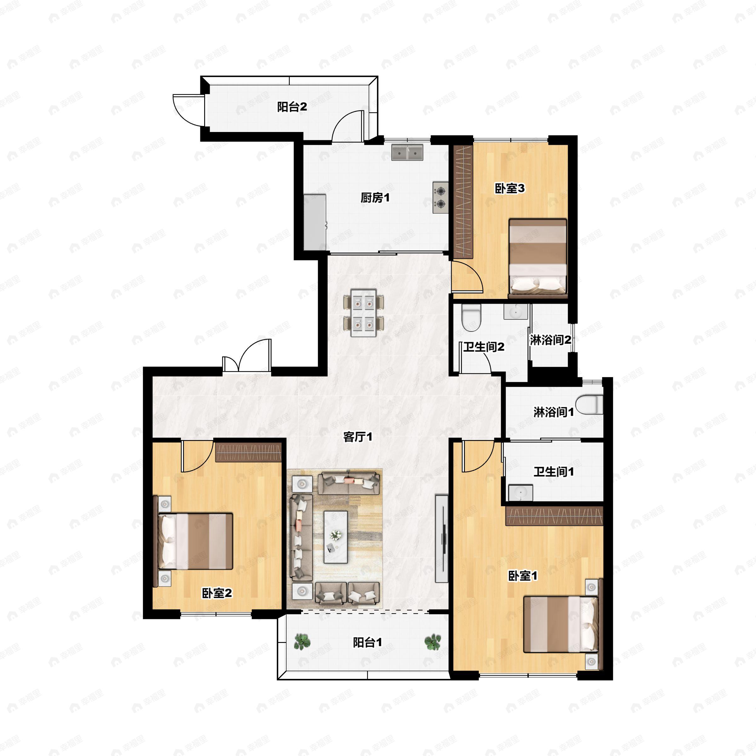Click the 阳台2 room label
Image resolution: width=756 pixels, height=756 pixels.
pyautogui.click(x=292, y=107)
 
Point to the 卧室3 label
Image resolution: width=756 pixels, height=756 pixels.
pyautogui.click(x=509, y=188)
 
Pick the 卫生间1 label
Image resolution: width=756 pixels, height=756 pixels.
pyautogui.click(x=554, y=472)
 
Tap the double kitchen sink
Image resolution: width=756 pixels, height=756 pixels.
pyautogui.click(x=407, y=152)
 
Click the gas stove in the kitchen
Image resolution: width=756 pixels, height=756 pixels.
pyautogui.click(x=441, y=197)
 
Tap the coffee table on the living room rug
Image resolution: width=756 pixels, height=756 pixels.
pyautogui.click(x=336, y=537)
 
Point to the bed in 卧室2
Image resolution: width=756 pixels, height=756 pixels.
pyautogui.click(x=195, y=541)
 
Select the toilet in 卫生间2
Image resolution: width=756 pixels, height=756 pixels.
pyautogui.click(x=471, y=318)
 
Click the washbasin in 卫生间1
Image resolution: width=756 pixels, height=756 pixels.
pyautogui.click(x=521, y=493)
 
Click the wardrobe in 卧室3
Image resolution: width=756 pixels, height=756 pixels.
pyautogui.click(x=463, y=202)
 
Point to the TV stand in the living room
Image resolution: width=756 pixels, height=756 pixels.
pyautogui.click(x=442, y=539)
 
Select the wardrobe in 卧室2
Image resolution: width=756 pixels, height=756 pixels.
pyautogui.click(x=249, y=452)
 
